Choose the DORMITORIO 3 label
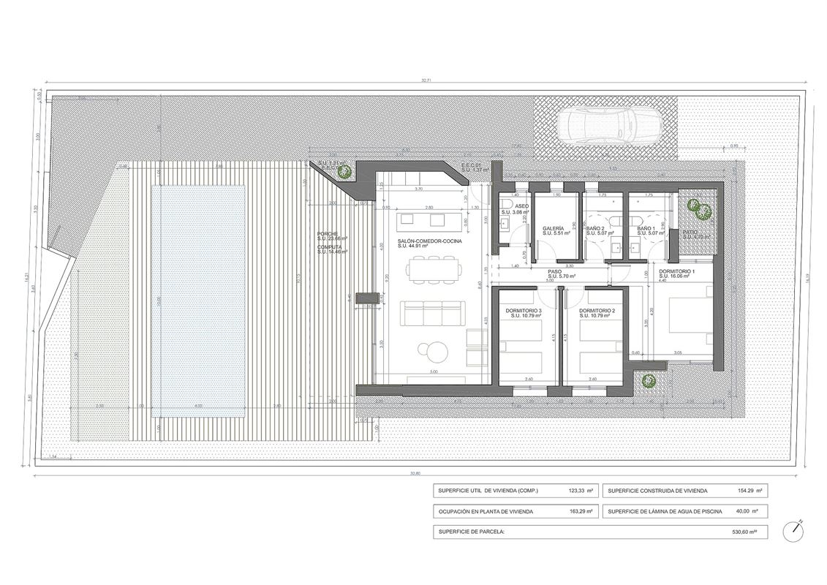point(524,311)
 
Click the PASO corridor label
point(555,271)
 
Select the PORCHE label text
point(328,233)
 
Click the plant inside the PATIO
point(699,211)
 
